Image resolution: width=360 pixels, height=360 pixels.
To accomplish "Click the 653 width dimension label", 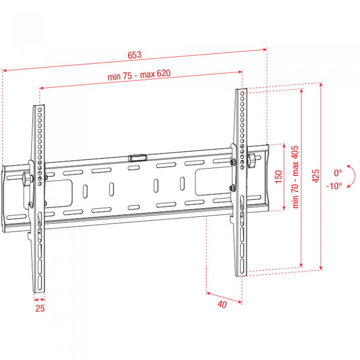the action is (x=135, y=55).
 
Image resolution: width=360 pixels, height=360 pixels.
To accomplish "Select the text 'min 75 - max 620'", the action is (x=139, y=75).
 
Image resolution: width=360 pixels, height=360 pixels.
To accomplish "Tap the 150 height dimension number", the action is (x=279, y=177).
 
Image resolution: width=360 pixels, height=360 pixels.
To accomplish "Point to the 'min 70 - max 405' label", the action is (x=296, y=177).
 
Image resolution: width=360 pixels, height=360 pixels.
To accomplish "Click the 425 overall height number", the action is (x=316, y=176).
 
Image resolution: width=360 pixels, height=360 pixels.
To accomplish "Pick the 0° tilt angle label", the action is (x=338, y=173).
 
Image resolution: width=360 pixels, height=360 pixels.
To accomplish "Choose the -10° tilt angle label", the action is (x=334, y=186).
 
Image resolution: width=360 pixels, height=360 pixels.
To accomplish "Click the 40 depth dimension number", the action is (x=222, y=304).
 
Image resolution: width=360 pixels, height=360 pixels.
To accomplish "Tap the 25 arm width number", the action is (x=40, y=309).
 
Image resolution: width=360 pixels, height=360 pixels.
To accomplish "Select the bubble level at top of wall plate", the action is (x=137, y=158).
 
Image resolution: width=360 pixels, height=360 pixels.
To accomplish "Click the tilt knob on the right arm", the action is (x=251, y=160).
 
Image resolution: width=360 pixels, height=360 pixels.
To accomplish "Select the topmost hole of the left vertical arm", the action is (x=40, y=110).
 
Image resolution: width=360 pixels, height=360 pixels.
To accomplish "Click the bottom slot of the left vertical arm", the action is (x=40, y=283).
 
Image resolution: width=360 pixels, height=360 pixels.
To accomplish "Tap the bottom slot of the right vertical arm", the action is (x=242, y=266).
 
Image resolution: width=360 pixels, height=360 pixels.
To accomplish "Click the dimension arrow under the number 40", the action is (x=224, y=297).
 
